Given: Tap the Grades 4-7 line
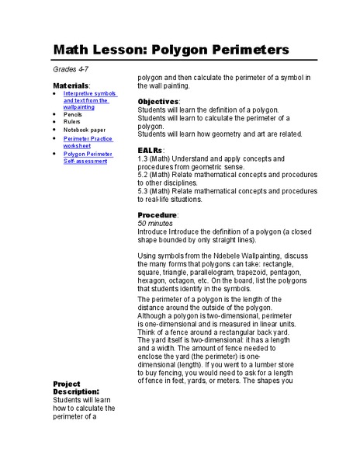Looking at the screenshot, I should [x=69, y=71].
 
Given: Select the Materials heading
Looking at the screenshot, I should [x=71, y=85].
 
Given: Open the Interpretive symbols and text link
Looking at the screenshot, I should [x=89, y=100].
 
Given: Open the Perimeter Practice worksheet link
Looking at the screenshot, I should [x=88, y=142].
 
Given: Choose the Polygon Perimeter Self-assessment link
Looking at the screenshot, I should [x=88, y=157].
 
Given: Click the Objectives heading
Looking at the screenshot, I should [x=158, y=102].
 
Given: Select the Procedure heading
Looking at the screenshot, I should [x=157, y=214].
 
